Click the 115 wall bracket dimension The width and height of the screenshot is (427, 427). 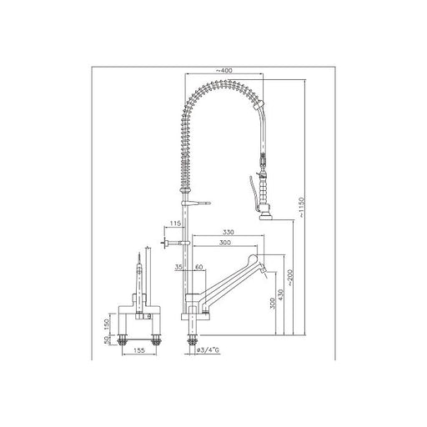tap(174, 224)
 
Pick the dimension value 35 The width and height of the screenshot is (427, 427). tap(179, 267)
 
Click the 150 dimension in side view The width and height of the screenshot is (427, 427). tap(106, 323)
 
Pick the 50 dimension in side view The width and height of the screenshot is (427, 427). tap(106, 338)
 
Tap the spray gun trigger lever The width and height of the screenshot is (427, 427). tap(251, 188)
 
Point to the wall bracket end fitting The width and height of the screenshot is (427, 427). tap(168, 243)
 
